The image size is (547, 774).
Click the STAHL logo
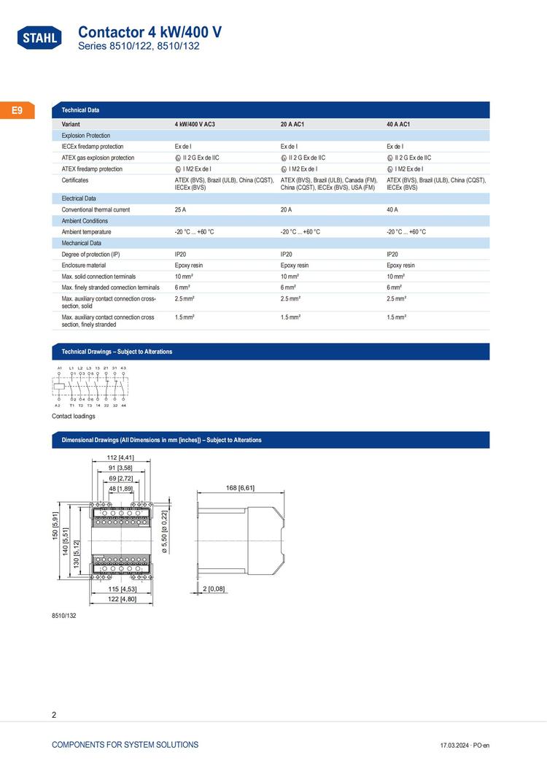click(x=39, y=38)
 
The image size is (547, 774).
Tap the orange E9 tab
click(x=17, y=111)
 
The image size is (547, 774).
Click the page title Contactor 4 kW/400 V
click(x=150, y=32)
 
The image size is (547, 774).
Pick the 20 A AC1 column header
click(x=292, y=125)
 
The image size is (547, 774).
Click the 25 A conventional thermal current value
click(x=182, y=209)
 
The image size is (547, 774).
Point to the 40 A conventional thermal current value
click(x=392, y=209)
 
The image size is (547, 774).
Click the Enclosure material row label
click(x=84, y=266)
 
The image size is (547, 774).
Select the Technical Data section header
click(x=81, y=110)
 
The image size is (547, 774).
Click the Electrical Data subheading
click(x=79, y=198)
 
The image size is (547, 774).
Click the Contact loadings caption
click(x=73, y=416)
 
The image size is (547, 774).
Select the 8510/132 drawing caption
click(x=64, y=616)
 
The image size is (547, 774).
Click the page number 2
click(x=55, y=715)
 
